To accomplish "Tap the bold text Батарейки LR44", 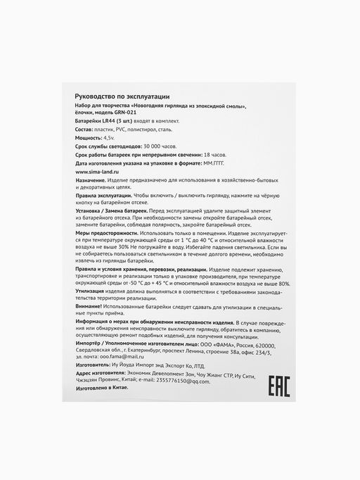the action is point(95,121).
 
